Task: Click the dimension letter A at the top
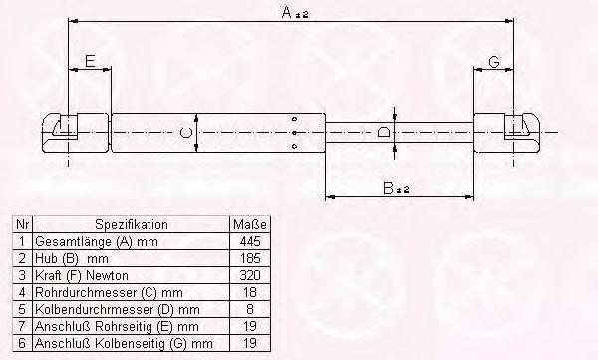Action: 287,12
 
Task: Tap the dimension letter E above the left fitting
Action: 90,61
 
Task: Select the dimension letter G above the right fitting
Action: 494,62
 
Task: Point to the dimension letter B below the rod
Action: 388,188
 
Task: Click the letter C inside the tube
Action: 185,133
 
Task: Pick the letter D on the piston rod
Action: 384,132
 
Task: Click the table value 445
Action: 250,241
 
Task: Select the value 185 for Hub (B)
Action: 250,258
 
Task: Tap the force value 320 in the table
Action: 250,275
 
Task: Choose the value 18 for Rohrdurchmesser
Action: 250,292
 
